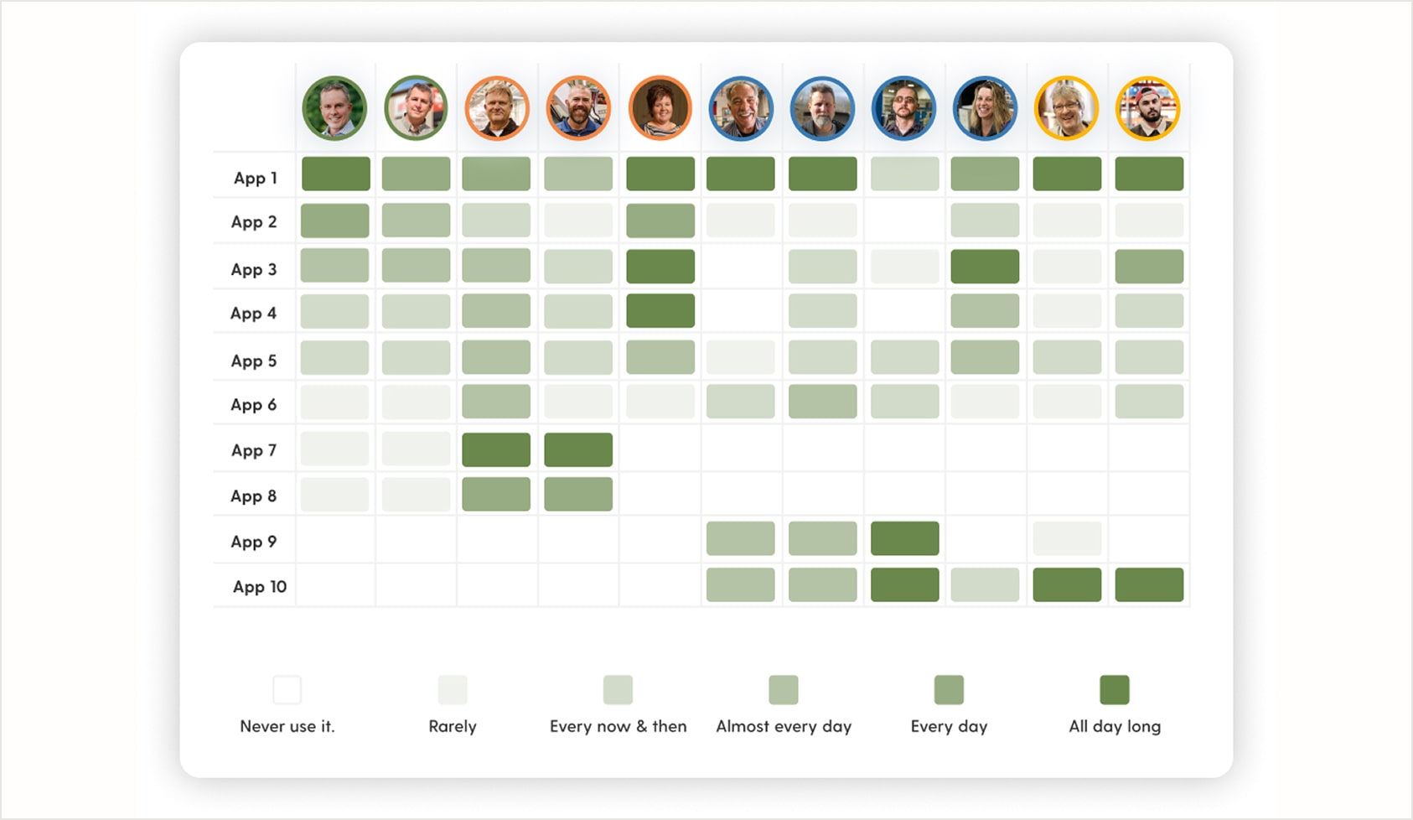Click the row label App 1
click(x=255, y=178)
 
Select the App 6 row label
click(x=253, y=405)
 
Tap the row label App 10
click(x=259, y=587)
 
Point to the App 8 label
click(x=253, y=496)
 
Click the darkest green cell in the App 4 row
click(x=660, y=311)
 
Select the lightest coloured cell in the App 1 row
click(x=904, y=174)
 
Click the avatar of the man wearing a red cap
click(x=1148, y=109)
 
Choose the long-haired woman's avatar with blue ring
click(x=985, y=109)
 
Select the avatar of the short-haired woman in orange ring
click(x=660, y=109)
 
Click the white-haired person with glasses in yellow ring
click(x=1066, y=109)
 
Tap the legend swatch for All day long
click(x=1114, y=690)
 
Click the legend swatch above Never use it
click(x=287, y=690)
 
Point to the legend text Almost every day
click(x=784, y=727)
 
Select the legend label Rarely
click(x=453, y=727)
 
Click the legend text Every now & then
click(x=618, y=727)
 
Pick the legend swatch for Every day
click(x=949, y=690)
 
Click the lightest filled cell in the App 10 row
click(x=985, y=585)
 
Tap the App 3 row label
click(x=253, y=270)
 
